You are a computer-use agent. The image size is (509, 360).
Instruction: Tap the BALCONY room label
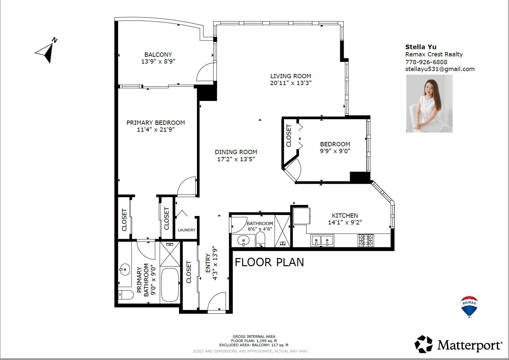pyautogui.click(x=158, y=54)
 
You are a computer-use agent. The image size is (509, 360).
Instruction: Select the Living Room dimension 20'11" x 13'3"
pyautogui.click(x=291, y=83)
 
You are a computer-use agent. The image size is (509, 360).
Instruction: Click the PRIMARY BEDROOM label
pyautogui.click(x=156, y=122)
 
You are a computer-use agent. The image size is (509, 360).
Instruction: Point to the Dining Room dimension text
pyautogui.click(x=236, y=159)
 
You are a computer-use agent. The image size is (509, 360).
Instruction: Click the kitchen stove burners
pyautogui.click(x=366, y=240)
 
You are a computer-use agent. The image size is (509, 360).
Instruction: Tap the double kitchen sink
pyautogui.click(x=322, y=241)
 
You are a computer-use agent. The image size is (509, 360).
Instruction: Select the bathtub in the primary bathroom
pyautogui.click(x=170, y=285)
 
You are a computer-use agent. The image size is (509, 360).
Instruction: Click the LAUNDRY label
pyautogui.click(x=187, y=230)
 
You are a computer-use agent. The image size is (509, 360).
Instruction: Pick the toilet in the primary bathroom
pyautogui.click(x=126, y=295)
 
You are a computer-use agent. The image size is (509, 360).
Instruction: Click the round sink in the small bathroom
pyautogui.click(x=243, y=241)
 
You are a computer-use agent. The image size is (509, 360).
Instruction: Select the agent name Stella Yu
pyautogui.click(x=421, y=47)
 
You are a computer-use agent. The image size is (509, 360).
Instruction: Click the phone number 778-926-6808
pyautogui.click(x=426, y=62)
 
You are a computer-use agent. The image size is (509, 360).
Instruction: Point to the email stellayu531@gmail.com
pyautogui.click(x=440, y=69)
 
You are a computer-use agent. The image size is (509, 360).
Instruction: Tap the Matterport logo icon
pyautogui.click(x=424, y=344)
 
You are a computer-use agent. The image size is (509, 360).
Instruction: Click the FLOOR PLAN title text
pyautogui.click(x=269, y=262)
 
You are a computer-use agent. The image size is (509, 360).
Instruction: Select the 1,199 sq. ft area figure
pyautogui.click(x=266, y=341)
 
